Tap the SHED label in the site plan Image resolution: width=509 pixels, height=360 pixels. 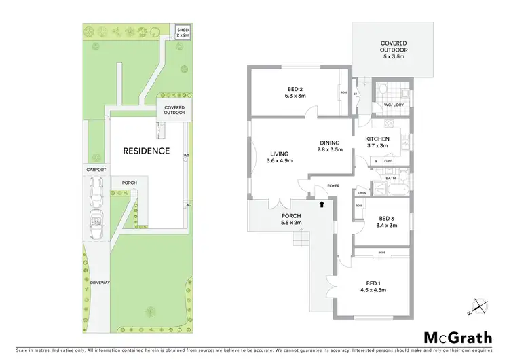point(183,31)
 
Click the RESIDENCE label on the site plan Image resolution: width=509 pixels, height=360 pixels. point(146,151)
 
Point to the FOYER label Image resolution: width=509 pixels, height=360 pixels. point(333,185)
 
